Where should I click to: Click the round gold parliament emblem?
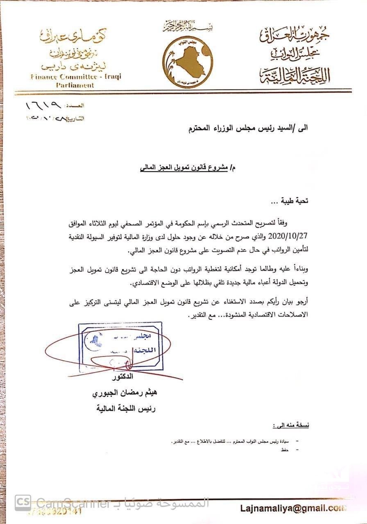pyautogui.click(x=188, y=60)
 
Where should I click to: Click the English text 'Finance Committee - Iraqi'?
pyautogui.click(x=76, y=77)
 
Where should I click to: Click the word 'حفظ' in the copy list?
pyautogui.click(x=285, y=450)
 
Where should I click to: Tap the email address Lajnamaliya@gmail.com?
pyautogui.click(x=293, y=508)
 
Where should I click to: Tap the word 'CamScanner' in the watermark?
pyautogui.click(x=74, y=503)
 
